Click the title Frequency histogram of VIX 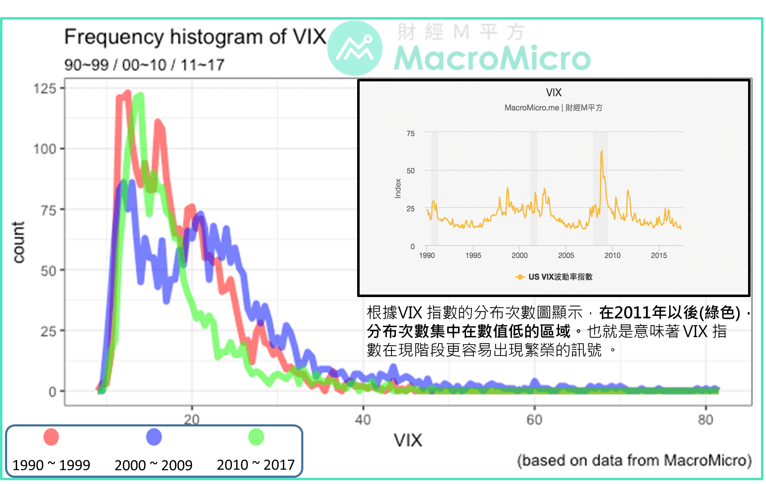click(195, 37)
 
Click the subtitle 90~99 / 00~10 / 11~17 click(144, 65)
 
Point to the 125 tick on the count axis click(45, 88)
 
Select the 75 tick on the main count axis click(48, 210)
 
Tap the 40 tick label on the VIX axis click(363, 419)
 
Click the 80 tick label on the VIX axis click(706, 419)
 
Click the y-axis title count click(19, 242)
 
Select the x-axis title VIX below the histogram click(408, 441)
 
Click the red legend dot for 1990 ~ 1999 click(51, 437)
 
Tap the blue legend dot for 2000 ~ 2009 click(154, 437)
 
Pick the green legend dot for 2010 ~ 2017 click(256, 437)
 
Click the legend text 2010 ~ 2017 click(256, 465)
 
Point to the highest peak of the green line click(139, 96)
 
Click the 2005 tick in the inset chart click(566, 255)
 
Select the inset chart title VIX click(554, 93)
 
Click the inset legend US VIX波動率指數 click(560, 277)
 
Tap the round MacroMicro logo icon click(355, 48)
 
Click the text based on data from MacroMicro click(634, 461)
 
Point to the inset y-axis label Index click(398, 189)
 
